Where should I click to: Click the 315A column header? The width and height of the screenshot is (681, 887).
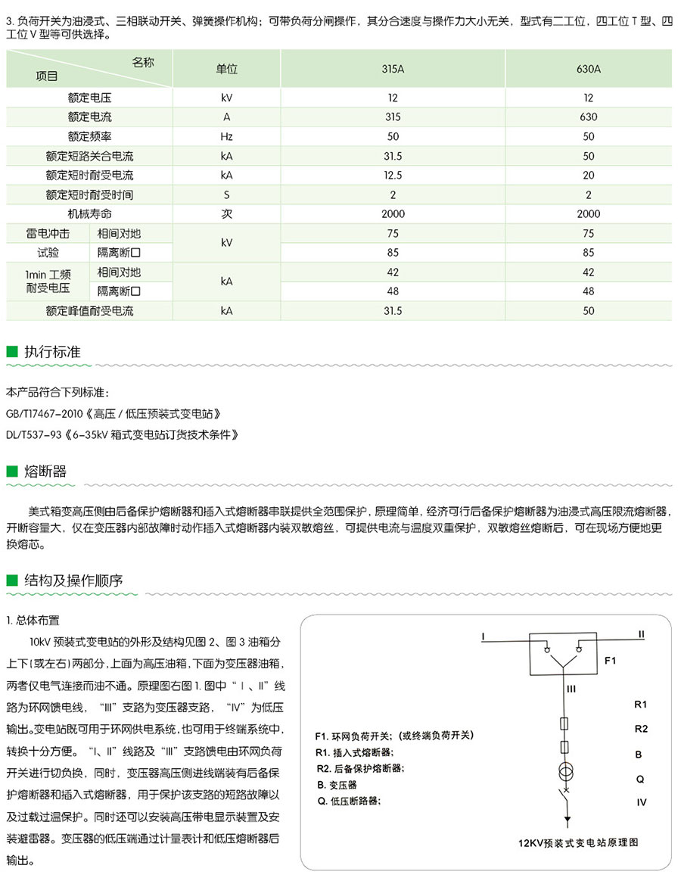(393, 69)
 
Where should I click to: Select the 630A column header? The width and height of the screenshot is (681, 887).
(589, 69)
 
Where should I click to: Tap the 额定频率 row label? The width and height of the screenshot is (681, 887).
(89, 136)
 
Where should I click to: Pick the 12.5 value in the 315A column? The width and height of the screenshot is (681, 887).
(393, 175)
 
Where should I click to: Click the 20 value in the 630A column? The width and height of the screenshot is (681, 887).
(589, 175)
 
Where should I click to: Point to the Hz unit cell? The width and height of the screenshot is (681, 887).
(226, 136)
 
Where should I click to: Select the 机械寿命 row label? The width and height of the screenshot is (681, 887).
(89, 214)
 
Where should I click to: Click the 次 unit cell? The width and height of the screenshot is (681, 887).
(226, 214)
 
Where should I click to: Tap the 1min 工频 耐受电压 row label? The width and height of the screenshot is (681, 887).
(48, 281)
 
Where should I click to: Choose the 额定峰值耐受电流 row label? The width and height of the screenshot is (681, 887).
(89, 310)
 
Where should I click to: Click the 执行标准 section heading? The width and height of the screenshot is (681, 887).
(53, 352)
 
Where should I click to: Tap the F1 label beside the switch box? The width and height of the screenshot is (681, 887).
(611, 661)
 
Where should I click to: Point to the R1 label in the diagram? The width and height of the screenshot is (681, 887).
(641, 705)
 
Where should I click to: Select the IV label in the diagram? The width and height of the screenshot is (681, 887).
(642, 802)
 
